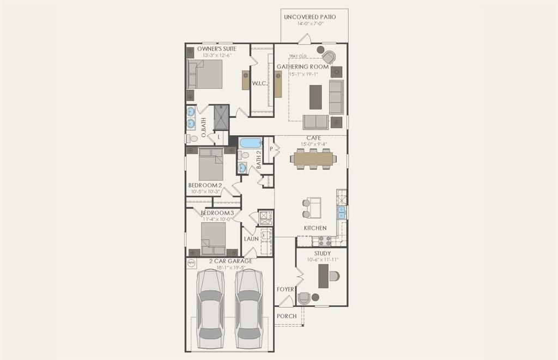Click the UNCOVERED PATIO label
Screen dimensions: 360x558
tap(310, 17)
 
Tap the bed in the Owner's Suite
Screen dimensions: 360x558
tap(205, 74)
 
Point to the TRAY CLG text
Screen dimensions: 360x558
tap(298, 56)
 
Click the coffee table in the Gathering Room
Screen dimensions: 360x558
tap(316, 97)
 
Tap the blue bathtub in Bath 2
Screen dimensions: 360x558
tap(251, 143)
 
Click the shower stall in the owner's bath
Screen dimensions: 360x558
tap(221, 117)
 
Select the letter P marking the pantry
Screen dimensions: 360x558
tap(271, 148)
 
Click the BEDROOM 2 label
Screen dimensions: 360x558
tap(205, 185)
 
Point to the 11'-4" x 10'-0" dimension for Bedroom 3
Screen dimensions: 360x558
tap(216, 219)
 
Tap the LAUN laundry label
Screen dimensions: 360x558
tap(251, 239)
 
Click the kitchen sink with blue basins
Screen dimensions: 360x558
tap(342, 212)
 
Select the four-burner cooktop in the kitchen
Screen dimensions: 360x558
tap(324, 240)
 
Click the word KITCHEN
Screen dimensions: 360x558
tap(315, 228)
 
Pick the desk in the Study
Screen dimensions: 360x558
tap(324, 276)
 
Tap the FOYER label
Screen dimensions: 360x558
tap(286, 289)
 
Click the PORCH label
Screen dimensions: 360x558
tap(287, 316)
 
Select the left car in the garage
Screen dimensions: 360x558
tap(210, 309)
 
